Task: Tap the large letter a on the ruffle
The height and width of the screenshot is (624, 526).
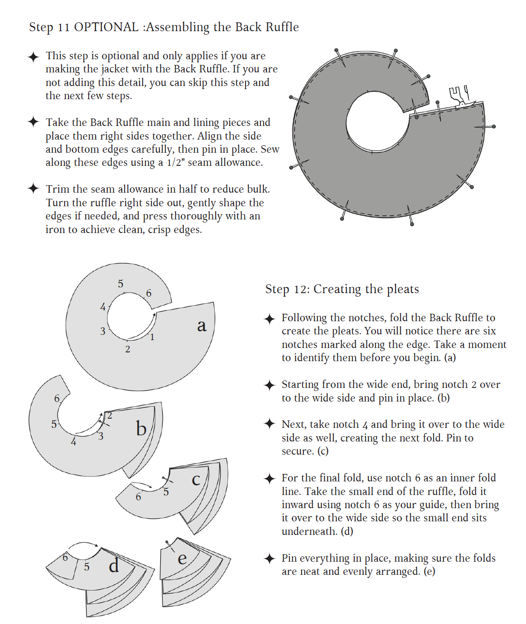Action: [202, 326]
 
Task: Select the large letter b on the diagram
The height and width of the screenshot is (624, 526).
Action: [141, 428]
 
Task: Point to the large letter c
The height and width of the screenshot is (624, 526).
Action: [196, 480]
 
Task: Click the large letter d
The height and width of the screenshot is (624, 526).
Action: [114, 565]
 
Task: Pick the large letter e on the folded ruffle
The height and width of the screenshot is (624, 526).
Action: [182, 559]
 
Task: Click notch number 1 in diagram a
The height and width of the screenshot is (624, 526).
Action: [152, 337]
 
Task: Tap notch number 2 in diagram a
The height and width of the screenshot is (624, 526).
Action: [127, 349]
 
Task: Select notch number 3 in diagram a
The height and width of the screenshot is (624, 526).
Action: [103, 331]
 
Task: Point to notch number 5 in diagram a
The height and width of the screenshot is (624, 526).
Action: [120, 284]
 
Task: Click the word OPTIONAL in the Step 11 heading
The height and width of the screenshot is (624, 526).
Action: [106, 27]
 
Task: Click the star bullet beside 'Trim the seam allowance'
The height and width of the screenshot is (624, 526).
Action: [33, 189]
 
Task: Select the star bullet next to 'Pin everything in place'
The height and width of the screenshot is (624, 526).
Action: [270, 558]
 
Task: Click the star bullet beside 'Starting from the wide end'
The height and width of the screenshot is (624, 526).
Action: [270, 385]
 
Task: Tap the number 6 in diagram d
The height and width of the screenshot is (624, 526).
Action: [65, 557]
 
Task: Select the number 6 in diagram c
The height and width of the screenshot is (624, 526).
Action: [138, 497]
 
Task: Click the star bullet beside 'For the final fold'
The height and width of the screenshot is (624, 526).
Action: [270, 478]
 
